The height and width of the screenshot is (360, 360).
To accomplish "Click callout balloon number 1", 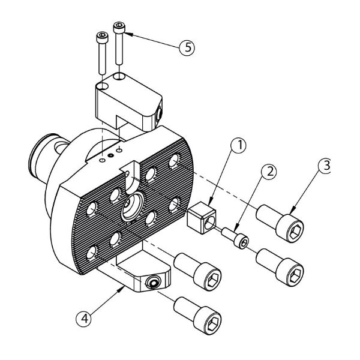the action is [238, 145].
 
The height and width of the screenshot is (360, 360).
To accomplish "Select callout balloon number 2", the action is [269, 172].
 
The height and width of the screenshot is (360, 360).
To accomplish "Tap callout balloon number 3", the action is [324, 166].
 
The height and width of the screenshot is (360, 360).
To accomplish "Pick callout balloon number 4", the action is [84, 319].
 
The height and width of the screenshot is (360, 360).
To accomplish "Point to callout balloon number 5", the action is [187, 47].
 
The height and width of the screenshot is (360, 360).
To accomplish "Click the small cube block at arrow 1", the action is [202, 217].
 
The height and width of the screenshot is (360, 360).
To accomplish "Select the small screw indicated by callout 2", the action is [235, 238].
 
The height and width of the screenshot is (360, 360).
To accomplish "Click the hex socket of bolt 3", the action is [295, 232].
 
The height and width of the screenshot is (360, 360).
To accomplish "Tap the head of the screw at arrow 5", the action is [119, 28].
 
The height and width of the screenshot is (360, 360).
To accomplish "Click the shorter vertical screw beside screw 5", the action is [102, 53].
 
